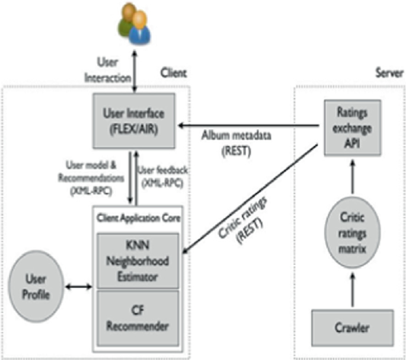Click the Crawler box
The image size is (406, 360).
coord(352,327)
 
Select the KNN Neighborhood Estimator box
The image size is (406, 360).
coord(138,259)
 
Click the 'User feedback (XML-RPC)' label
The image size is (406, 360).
coord(161,177)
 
